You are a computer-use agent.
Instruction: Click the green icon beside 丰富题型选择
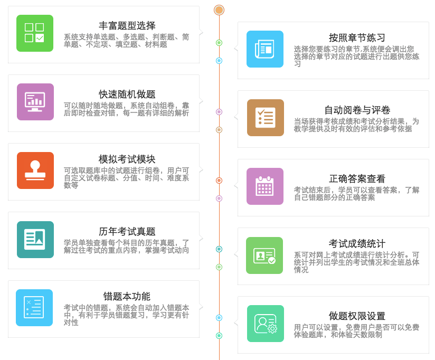tap(35, 33)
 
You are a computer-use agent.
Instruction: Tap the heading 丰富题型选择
tap(127, 26)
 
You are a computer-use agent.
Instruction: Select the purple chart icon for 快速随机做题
tap(35, 102)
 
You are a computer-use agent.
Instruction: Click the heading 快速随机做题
tap(127, 94)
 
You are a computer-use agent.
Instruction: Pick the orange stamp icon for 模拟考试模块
tap(35, 170)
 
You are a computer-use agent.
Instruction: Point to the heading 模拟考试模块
tap(127, 159)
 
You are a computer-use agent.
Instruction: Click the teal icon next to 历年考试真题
tap(35, 239)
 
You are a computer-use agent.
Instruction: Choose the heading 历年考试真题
tap(127, 232)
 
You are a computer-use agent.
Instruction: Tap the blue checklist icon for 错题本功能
tap(35, 308)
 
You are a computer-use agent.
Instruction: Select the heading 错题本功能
tap(127, 297)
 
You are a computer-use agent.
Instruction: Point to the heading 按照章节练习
tap(357, 38)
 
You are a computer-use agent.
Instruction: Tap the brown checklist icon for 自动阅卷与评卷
tap(265, 118)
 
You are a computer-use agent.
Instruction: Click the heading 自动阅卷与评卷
tap(357, 110)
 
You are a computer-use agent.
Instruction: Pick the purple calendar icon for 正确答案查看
tap(265, 186)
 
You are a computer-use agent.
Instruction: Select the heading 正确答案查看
tap(357, 179)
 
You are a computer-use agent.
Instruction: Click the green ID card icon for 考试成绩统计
tap(265, 255)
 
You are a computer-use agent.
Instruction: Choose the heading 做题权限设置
tap(357, 316)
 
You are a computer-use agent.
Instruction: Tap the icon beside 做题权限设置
tap(265, 324)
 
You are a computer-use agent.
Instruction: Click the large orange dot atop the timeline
tap(219, 10)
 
